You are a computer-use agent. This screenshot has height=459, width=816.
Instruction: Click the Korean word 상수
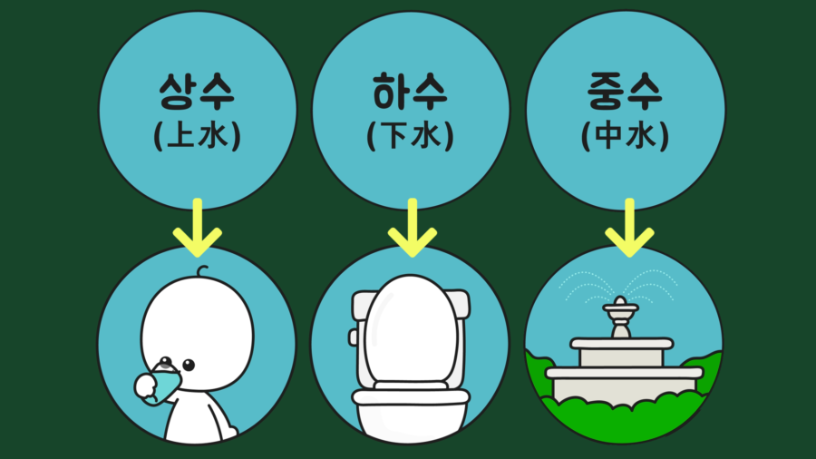click(197, 94)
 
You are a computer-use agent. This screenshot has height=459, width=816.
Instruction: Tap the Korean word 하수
click(411, 94)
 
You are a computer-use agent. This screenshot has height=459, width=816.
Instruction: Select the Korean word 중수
click(625, 94)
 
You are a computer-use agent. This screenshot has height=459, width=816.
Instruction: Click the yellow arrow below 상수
click(197, 229)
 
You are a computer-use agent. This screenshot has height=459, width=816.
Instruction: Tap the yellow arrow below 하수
click(411, 229)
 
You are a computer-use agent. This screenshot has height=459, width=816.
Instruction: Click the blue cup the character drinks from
click(166, 381)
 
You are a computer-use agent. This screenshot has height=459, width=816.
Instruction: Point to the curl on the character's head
click(201, 271)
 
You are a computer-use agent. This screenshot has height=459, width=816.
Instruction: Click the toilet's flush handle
click(352, 337)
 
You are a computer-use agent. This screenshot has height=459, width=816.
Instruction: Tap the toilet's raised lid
click(411, 327)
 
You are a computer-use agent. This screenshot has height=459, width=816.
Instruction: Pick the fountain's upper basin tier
click(622, 345)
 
